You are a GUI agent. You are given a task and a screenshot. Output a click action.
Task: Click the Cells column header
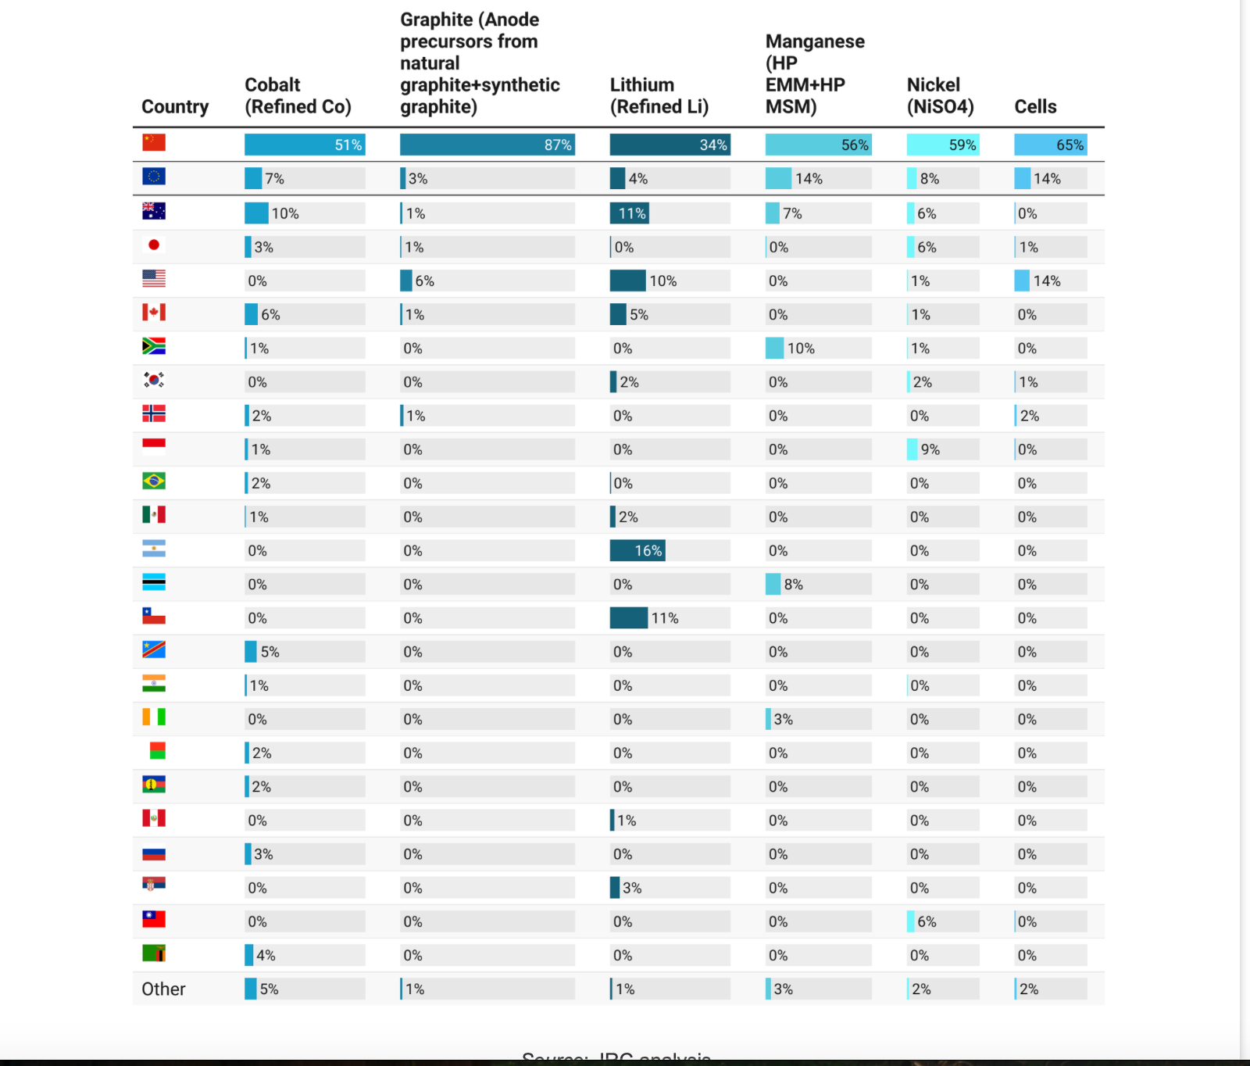coord(1035,106)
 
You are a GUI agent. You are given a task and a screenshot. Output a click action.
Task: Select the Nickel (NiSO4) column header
coord(940,95)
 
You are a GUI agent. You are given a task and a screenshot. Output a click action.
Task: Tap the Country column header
coord(175,106)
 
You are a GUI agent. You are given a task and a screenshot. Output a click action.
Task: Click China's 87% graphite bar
coord(487,145)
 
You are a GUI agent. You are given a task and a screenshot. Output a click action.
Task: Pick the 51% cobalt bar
coord(304,145)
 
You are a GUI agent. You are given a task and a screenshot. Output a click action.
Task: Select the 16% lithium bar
coord(637,550)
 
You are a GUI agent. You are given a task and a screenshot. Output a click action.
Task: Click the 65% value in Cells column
coord(1070,145)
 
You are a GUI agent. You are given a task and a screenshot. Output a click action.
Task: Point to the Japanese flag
coord(154,245)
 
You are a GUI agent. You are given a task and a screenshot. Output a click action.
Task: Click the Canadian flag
coord(154,313)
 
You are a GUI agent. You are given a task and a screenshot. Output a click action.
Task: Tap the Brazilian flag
coord(154,481)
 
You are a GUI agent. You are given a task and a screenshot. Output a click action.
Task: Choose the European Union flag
coord(154,177)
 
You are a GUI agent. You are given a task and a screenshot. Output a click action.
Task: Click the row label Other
coord(163,989)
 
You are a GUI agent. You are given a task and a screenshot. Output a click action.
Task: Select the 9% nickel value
coord(930,449)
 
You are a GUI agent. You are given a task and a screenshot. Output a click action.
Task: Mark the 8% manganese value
coord(793,584)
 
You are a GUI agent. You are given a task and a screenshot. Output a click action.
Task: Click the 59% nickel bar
coord(942,145)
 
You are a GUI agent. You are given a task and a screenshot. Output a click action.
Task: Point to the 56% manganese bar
coord(817,145)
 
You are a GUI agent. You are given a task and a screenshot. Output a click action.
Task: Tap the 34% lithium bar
coord(670,145)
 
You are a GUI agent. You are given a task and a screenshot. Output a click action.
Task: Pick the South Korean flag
coord(154,380)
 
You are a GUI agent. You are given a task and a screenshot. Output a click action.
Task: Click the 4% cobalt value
coord(266,955)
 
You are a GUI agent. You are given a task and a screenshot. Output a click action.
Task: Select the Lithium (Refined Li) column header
coord(659,95)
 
